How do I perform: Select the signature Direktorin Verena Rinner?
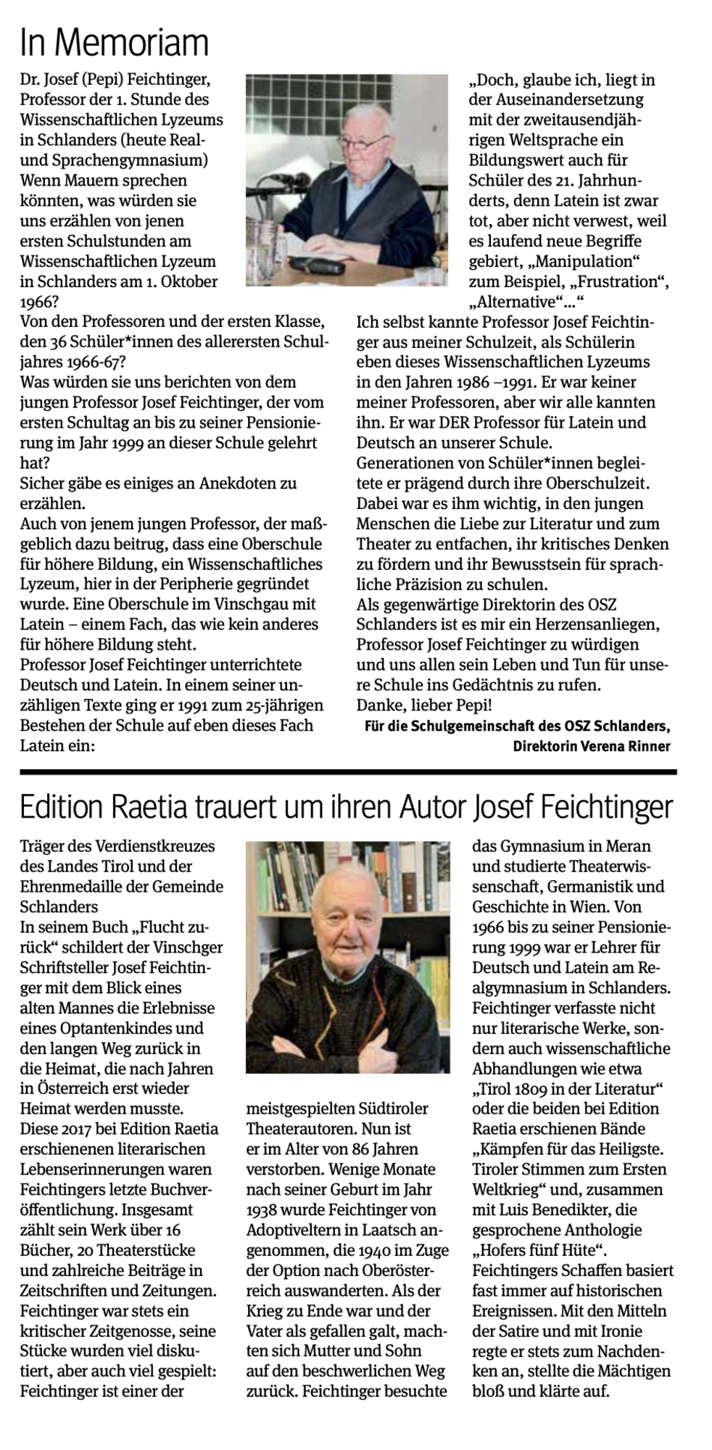coord(591,746)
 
